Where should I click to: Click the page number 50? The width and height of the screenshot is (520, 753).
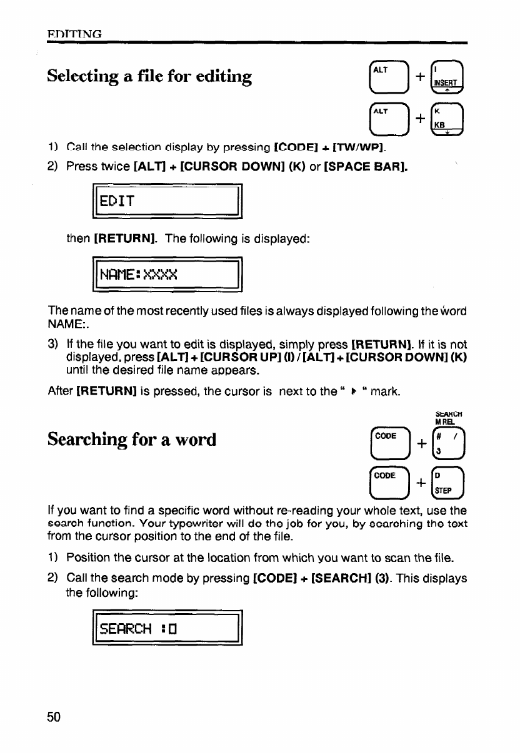(54, 717)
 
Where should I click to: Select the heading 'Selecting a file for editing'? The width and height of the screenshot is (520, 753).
(150, 77)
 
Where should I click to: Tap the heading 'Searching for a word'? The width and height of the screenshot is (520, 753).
(132, 440)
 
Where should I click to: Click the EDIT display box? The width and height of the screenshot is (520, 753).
(167, 201)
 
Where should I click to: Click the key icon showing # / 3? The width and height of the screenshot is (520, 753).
(449, 441)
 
